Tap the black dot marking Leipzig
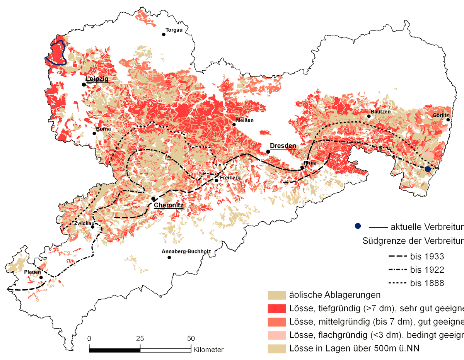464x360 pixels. point(83,84)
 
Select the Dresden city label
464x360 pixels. point(283,146)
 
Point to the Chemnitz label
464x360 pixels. point(169,205)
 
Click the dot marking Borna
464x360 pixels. point(94,133)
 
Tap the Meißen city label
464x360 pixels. point(245,120)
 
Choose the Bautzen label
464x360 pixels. point(380,112)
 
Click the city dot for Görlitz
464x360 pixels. point(448,120)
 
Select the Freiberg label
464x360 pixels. point(230,178)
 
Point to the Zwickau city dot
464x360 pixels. point(92,227)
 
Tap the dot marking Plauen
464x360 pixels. point(41,277)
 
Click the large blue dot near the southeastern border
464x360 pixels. point(428,169)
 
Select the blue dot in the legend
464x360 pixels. point(358,226)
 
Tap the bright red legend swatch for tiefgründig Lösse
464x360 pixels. point(276,309)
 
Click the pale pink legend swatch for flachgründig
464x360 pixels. point(276,335)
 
